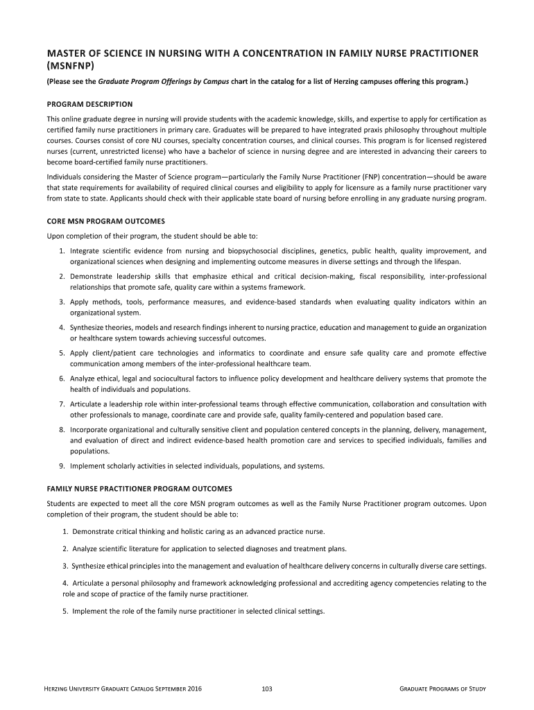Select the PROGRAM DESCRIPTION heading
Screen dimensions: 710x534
pos(87,104)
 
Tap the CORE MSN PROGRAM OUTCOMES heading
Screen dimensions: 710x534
pos(105,221)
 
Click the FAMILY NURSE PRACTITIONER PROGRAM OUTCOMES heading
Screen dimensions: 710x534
pos(144,488)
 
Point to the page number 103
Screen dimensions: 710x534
pos(267,689)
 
